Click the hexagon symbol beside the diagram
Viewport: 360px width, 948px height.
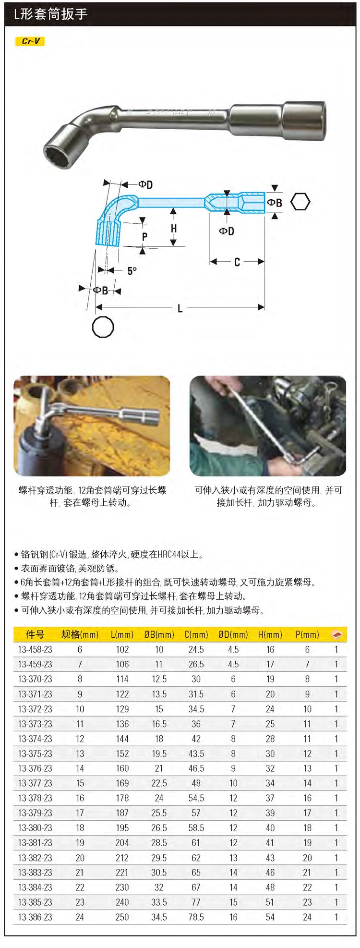click(300, 202)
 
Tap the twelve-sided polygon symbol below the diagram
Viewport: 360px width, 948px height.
click(103, 328)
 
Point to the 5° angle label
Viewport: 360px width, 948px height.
click(132, 271)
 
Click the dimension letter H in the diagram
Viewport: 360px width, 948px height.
click(174, 229)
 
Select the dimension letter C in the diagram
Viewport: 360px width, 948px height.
click(237, 262)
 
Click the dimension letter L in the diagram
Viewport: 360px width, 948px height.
click(180, 308)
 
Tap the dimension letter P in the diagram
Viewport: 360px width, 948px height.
click(144, 236)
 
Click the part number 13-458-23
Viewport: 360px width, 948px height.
click(35, 649)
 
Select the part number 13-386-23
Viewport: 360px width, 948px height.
click(35, 917)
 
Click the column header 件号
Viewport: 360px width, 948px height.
click(35, 634)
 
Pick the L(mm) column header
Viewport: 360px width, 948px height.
click(122, 634)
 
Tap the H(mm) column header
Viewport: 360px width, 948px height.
click(270, 634)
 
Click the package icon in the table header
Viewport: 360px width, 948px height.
click(336, 634)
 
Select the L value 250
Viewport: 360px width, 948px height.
click(122, 917)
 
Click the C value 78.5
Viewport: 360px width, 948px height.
click(196, 917)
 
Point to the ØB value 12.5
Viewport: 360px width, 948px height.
click(159, 679)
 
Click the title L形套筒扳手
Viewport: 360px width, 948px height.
click(50, 14)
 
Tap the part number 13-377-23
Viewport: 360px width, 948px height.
click(35, 783)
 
